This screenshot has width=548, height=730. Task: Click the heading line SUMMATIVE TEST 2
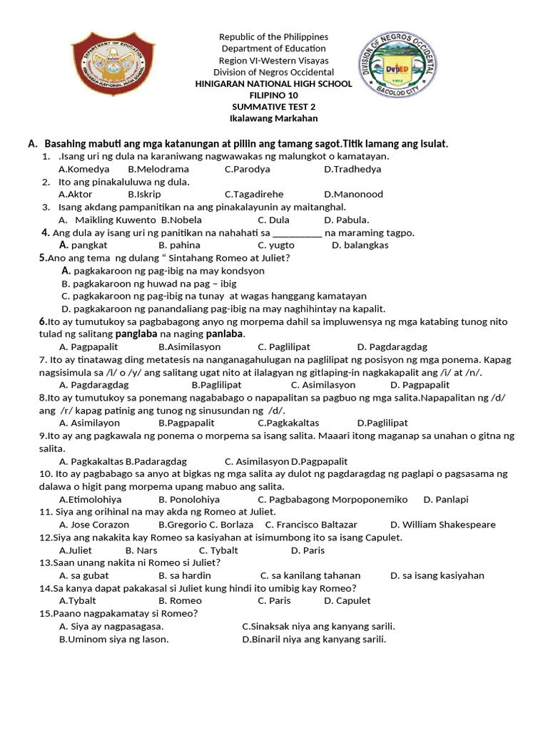click(x=273, y=107)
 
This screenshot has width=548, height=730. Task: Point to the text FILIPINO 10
click(x=273, y=96)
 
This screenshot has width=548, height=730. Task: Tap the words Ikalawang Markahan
click(x=273, y=118)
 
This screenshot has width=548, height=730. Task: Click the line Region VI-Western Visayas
click(x=273, y=61)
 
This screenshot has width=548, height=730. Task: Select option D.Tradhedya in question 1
click(x=352, y=169)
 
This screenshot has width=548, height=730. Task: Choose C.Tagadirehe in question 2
click(x=254, y=194)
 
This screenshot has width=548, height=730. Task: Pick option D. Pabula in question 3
click(x=347, y=220)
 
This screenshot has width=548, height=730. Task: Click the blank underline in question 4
click(x=298, y=233)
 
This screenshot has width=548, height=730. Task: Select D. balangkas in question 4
click(x=360, y=245)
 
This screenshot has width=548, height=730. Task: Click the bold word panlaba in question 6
click(x=225, y=334)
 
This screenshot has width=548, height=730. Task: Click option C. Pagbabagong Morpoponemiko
click(x=333, y=499)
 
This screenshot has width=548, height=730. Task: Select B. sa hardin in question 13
click(x=185, y=575)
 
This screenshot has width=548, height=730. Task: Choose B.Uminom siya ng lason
click(x=114, y=639)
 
